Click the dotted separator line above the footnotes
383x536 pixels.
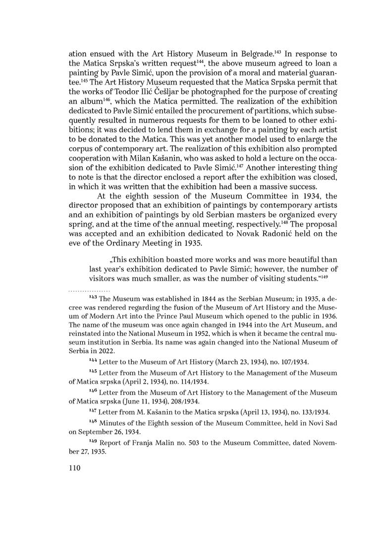coord(89,289)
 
